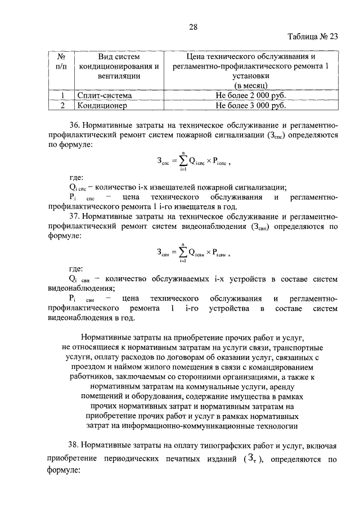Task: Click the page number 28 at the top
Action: [193, 27]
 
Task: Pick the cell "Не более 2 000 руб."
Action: [251, 95]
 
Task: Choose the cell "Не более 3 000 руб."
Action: [251, 105]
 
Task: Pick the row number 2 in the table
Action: [62, 105]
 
